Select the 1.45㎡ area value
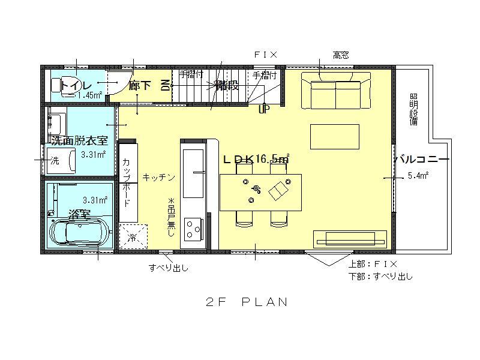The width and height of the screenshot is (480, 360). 88,95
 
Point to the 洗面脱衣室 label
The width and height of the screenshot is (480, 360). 79,141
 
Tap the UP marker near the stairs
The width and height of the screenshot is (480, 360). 263,110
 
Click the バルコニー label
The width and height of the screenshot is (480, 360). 422,160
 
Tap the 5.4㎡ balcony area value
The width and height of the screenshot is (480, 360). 418,176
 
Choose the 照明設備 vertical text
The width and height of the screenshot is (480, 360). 414,109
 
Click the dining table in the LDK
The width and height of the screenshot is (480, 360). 260,192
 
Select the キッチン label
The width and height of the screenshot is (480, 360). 158,177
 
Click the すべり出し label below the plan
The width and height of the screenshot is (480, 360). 169,268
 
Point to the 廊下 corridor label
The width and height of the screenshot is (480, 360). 140,86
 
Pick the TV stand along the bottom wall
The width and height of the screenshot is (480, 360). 350,238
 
